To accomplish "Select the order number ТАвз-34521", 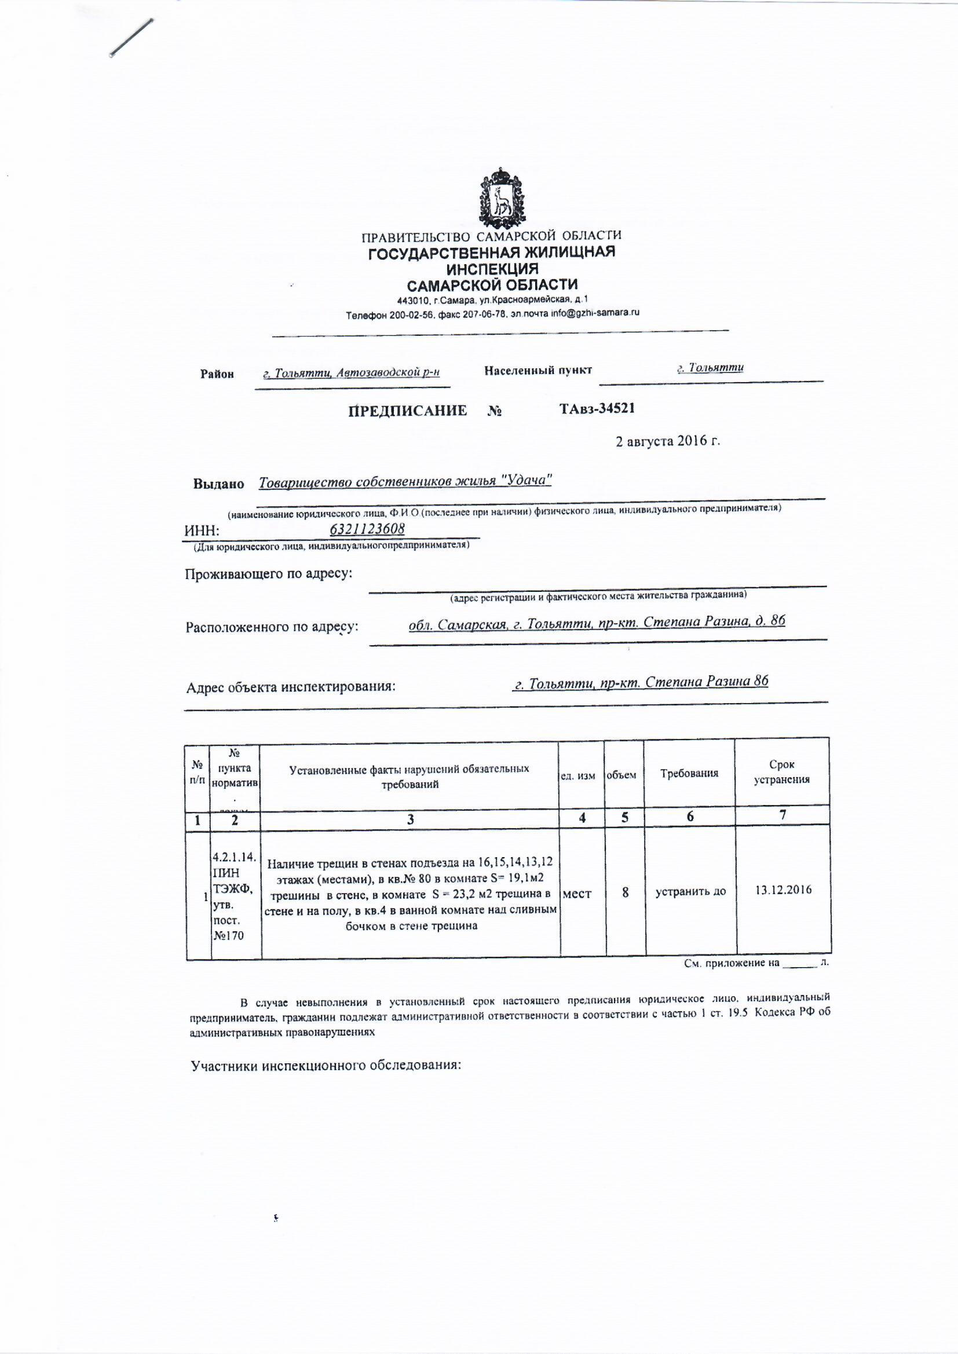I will (597, 408).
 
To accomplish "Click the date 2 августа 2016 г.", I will (668, 441).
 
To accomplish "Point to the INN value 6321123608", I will (367, 529).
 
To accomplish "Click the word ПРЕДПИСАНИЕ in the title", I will (408, 411).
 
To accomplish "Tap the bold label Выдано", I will (219, 484).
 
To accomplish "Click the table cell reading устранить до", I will (690, 892).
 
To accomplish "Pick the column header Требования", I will (689, 773).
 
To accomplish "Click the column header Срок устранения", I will (781, 772).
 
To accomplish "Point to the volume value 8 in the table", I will (625, 892).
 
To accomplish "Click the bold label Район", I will (217, 374).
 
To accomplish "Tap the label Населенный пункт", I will (537, 370).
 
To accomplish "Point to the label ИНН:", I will (202, 531).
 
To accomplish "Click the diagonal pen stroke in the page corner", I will (131, 38).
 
